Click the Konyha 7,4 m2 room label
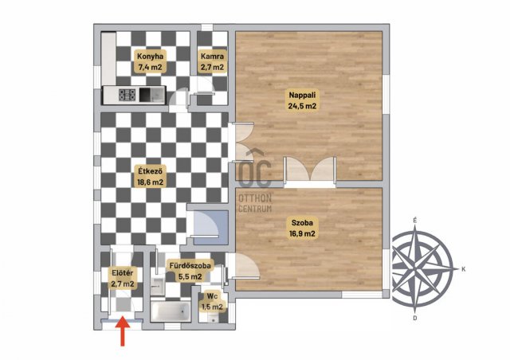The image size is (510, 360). click(150, 61)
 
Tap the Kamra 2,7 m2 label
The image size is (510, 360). click(212, 61)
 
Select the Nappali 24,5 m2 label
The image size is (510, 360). click(302, 100)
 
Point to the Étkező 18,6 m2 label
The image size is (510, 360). click(150, 176)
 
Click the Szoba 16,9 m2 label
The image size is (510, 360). click(302, 228)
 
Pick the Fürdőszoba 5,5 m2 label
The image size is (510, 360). click(190, 271)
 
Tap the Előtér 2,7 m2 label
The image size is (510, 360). click(122, 279)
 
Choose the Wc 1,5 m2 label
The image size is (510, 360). click(212, 302)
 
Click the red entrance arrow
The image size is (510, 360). click(123, 331)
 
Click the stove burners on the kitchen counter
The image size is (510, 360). click(127, 95)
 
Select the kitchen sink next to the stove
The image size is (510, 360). click(152, 95)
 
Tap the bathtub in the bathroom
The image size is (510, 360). click(171, 311)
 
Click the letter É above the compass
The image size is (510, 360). click(414, 220)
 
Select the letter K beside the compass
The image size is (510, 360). click(464, 269)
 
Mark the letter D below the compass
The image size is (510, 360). click(415, 318)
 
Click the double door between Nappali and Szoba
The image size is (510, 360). click(310, 169)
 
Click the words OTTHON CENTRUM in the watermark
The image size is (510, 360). click(255, 203)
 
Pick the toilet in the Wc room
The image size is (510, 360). click(213, 318)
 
